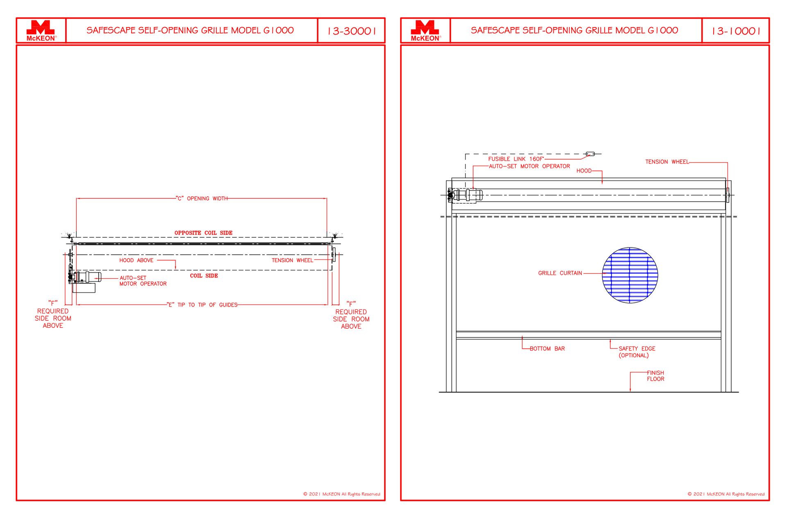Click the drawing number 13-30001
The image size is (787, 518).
pos(352,31)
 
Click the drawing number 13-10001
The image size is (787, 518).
pos(736,31)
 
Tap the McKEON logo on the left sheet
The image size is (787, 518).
pos(41,31)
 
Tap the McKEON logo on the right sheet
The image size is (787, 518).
pos(425,31)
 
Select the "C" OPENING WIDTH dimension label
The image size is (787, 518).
pos(202,198)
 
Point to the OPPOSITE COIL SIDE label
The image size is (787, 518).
pos(203,233)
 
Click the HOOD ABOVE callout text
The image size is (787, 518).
pos(136,260)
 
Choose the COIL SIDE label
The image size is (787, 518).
pos(204,276)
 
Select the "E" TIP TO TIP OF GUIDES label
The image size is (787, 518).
pos(202,305)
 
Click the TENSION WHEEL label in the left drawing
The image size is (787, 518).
pos(292,260)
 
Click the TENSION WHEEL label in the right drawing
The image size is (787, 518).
pos(667,162)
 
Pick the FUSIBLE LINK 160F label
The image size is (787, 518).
pos(516,159)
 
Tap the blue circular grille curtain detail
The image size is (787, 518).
pos(630,275)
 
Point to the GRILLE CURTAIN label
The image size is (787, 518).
pos(560,273)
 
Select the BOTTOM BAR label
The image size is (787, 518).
pos(547,349)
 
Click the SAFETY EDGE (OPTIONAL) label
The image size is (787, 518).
pos(637,352)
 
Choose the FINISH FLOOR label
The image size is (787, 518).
pos(655,376)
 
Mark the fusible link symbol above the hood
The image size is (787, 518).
pos(590,154)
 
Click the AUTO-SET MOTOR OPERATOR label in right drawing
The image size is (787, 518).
pos(529,166)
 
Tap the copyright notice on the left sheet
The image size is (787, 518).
pos(342,494)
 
